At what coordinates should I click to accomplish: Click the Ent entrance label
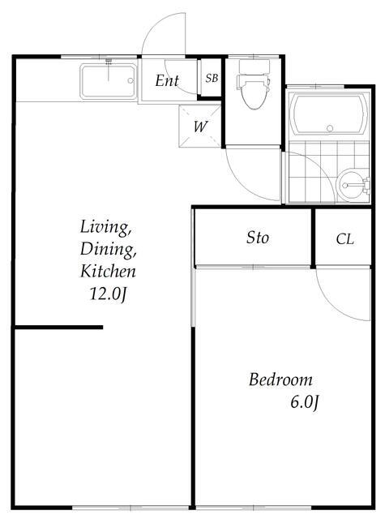click(167, 81)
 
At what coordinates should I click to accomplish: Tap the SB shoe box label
click(212, 78)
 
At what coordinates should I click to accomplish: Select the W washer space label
click(201, 127)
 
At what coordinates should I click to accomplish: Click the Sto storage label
click(258, 238)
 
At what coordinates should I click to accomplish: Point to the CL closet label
click(344, 239)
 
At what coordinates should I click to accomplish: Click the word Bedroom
click(280, 380)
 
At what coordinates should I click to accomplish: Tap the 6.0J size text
click(305, 402)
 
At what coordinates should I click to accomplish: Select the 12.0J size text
click(108, 294)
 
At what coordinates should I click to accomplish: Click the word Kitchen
click(108, 271)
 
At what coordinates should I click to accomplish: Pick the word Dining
click(108, 249)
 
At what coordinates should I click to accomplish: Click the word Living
click(105, 227)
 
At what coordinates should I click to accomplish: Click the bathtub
click(329, 115)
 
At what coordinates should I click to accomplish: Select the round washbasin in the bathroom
click(351, 185)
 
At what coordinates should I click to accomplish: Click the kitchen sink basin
click(109, 82)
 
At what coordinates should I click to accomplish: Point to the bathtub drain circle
click(329, 128)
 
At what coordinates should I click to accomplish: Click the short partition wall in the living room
click(59, 328)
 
